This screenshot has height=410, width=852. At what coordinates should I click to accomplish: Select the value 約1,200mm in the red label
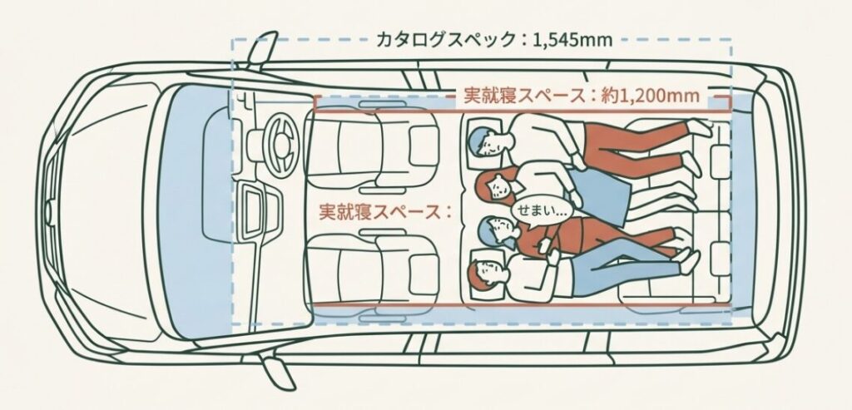tap(651, 96)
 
